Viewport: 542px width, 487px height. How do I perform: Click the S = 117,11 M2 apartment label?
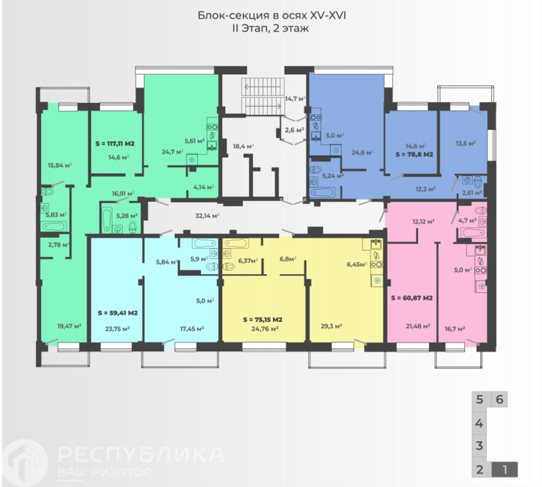(115, 143)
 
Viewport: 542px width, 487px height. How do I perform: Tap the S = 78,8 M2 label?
(414, 154)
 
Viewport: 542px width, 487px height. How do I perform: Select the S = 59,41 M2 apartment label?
(118, 313)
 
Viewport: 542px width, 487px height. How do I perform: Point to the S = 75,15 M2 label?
(263, 319)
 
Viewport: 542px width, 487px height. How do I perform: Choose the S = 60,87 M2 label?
(412, 298)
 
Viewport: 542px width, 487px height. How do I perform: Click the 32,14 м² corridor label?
(207, 216)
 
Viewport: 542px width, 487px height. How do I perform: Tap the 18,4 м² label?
(243, 146)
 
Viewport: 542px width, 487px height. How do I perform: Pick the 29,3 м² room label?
(331, 326)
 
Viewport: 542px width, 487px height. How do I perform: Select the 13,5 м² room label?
(466, 143)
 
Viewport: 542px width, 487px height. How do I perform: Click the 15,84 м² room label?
(60, 165)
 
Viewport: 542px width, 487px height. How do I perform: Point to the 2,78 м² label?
(59, 245)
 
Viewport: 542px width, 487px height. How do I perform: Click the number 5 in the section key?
(480, 399)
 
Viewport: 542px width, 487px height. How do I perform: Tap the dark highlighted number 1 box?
(505, 469)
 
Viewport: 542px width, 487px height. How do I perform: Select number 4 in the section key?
(479, 423)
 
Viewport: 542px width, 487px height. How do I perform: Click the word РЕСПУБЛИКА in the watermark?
(141, 454)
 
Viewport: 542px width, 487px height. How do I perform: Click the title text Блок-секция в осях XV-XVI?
(272, 15)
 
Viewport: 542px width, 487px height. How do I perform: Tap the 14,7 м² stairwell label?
(295, 99)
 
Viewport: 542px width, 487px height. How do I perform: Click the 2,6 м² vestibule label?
(294, 130)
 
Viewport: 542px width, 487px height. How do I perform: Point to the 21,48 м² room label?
(418, 326)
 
